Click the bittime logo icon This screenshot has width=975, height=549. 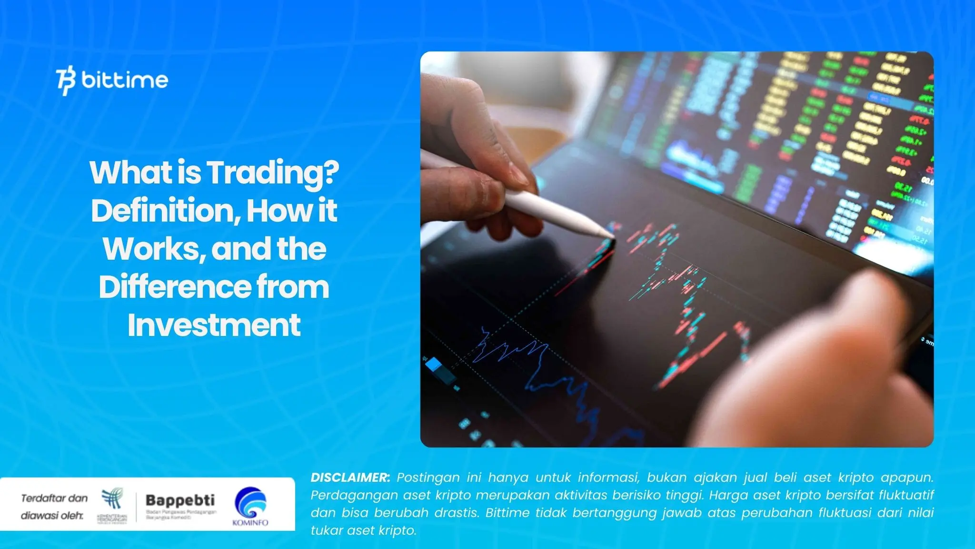click(66, 81)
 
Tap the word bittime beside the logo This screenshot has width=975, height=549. click(125, 80)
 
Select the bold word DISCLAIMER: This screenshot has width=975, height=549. click(350, 478)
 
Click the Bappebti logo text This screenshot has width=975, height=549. click(180, 500)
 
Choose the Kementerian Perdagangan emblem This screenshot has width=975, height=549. click(112, 500)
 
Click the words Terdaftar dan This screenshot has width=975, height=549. click(54, 498)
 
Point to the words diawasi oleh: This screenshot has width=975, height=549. click(52, 516)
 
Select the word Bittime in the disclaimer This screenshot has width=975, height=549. click(507, 513)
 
